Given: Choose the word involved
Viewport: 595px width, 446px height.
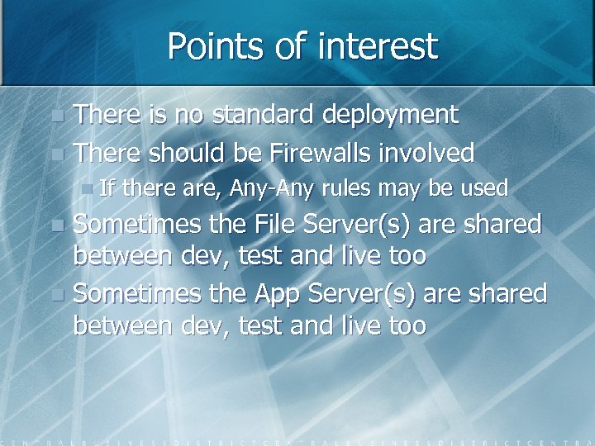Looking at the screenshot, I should click(429, 153).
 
